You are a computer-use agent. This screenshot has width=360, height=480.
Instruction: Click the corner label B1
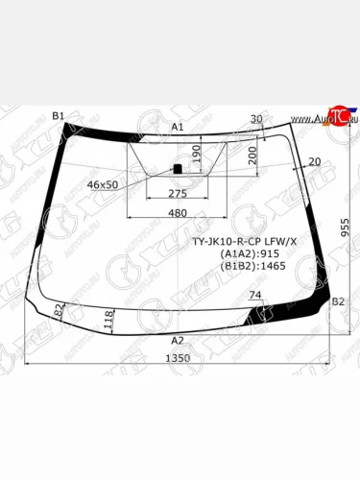point(58,116)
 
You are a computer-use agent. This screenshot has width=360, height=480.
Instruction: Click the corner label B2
point(337,301)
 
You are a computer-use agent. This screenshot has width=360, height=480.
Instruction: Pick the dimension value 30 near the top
point(255,119)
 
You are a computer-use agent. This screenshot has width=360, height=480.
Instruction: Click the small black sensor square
point(177,169)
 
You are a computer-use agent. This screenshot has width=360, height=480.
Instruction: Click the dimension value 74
point(254,295)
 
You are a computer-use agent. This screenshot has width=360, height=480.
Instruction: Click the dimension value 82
point(59,310)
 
